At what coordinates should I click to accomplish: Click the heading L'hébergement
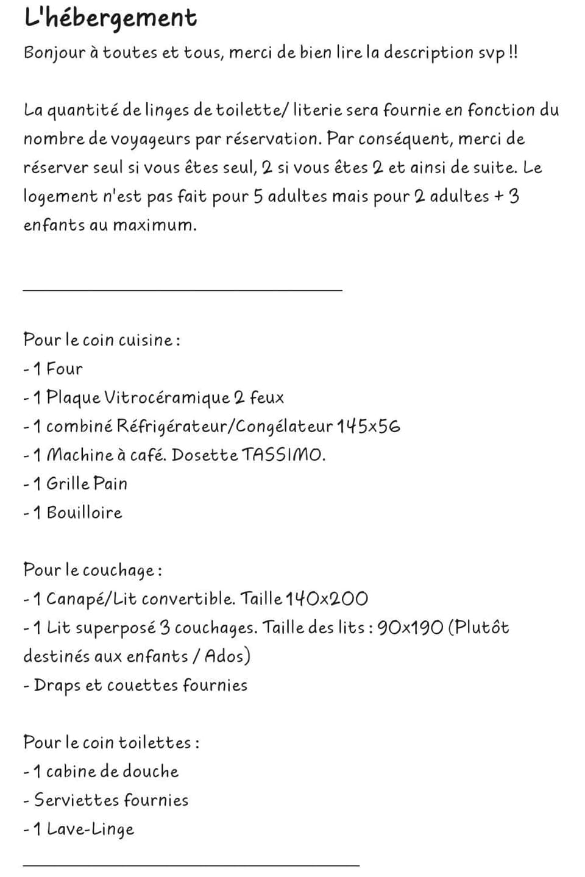point(110,18)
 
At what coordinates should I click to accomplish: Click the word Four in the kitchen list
point(64,369)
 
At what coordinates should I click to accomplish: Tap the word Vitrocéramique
point(166,398)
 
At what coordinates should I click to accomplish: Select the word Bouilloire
point(84,513)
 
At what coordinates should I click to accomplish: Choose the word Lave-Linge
point(90,829)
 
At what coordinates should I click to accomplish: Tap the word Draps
point(57,686)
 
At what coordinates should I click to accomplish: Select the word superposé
point(115,628)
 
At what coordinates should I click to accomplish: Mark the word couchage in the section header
point(118,570)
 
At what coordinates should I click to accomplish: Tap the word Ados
point(224,656)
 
